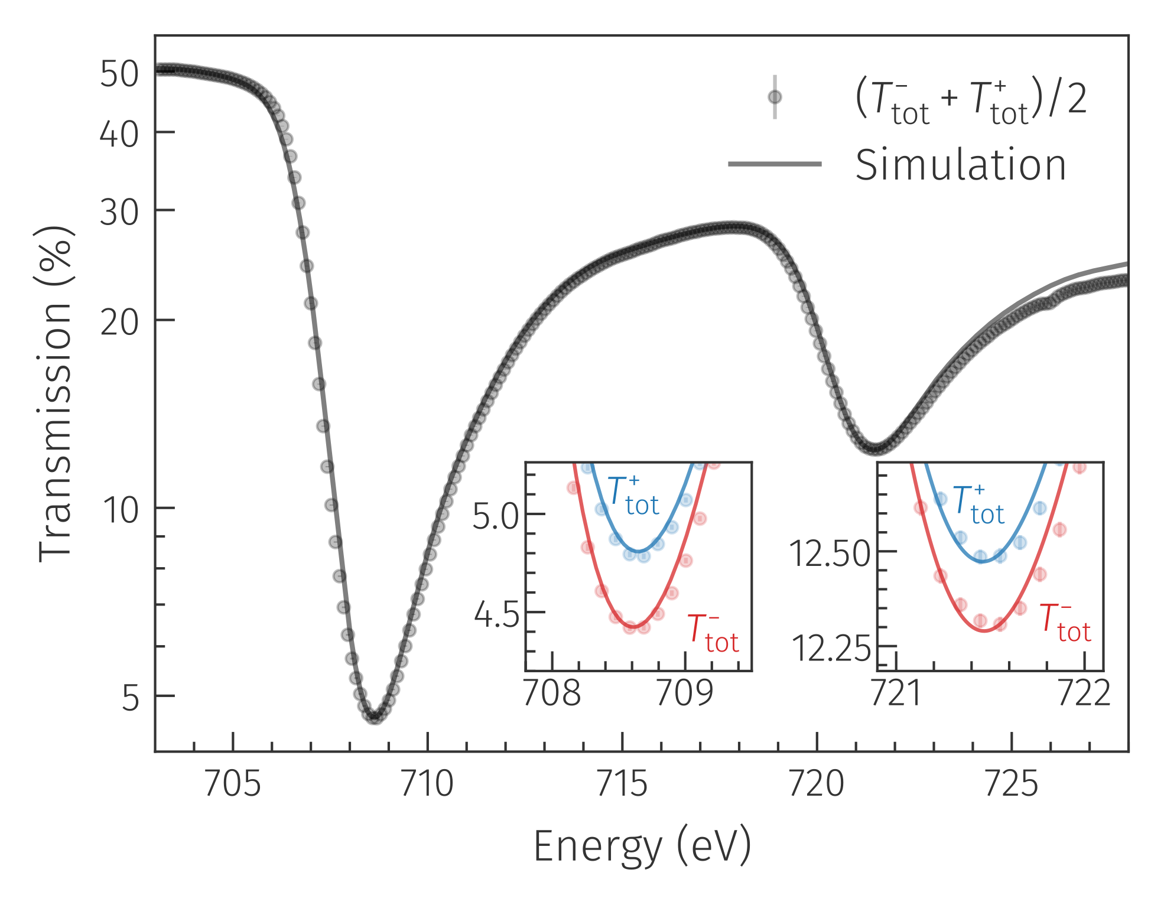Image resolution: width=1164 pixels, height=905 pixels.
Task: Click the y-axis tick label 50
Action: (119, 74)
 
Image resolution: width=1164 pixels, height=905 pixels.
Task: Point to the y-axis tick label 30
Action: (119, 212)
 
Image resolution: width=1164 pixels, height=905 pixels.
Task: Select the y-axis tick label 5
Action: (130, 698)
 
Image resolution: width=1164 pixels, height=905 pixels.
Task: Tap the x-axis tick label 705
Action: (232, 784)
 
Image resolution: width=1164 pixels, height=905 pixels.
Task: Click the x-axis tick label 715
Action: (622, 784)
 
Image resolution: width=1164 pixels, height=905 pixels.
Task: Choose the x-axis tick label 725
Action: (1012, 784)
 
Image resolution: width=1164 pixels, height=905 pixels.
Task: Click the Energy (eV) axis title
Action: (642, 847)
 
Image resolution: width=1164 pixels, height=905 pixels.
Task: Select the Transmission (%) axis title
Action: (55, 393)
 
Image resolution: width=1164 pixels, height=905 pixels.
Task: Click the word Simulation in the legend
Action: (961, 165)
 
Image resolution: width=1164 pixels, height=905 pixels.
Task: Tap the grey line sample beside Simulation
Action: (775, 164)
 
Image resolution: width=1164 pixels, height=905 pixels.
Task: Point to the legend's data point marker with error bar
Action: (775, 97)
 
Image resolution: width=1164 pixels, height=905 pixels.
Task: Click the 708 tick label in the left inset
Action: (552, 693)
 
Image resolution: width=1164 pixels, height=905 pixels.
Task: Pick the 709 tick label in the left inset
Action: (685, 693)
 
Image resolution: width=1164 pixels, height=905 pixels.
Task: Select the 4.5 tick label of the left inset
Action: (496, 615)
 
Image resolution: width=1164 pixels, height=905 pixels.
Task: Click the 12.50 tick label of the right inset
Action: (830, 554)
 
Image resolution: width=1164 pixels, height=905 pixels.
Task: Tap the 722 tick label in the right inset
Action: (1084, 693)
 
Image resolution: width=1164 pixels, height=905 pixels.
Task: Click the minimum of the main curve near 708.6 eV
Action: (375, 717)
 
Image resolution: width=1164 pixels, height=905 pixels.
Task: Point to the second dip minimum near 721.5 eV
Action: (876, 448)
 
